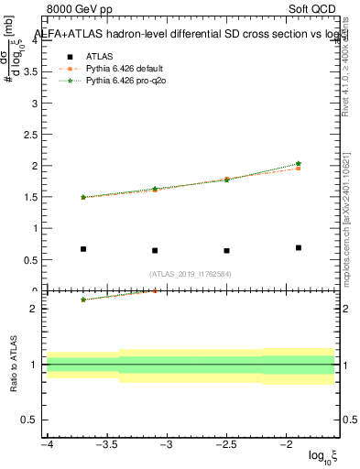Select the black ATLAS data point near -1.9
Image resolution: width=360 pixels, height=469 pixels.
tap(299, 247)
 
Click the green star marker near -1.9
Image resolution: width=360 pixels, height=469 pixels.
tap(299, 164)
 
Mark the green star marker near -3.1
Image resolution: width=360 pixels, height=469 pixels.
tap(155, 189)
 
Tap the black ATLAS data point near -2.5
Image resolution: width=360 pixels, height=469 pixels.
tap(226, 250)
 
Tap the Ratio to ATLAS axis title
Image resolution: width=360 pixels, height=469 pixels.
tap(13, 364)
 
